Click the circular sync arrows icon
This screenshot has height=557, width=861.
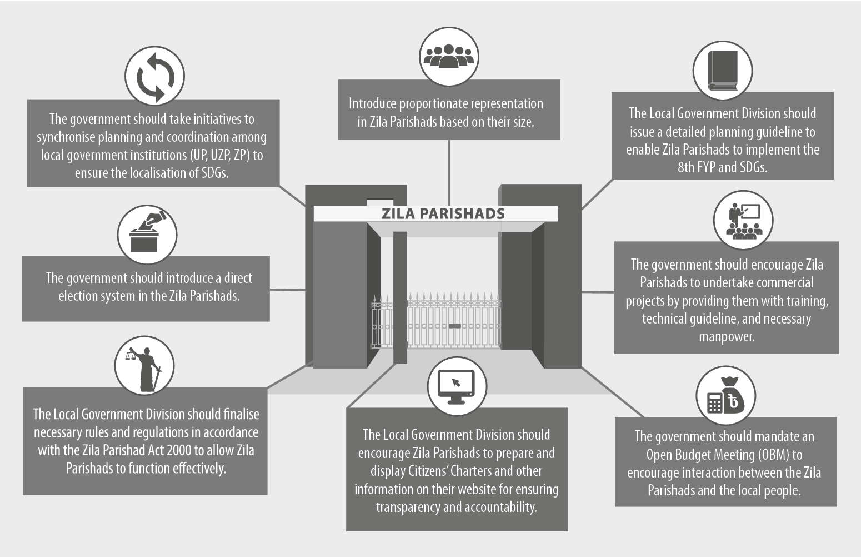(x=154, y=76)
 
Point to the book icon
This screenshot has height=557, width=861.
(x=723, y=71)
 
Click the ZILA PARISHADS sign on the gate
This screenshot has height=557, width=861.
(x=443, y=213)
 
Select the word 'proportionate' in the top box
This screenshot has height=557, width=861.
(x=435, y=103)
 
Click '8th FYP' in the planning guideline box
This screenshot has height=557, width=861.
(x=697, y=167)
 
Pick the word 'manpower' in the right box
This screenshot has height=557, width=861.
(x=726, y=336)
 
